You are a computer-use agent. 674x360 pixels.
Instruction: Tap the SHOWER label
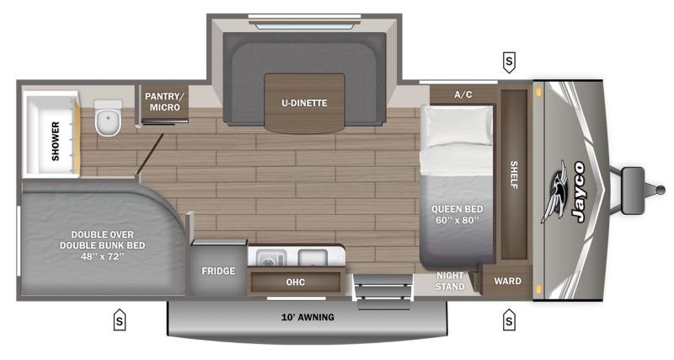coord(56,141)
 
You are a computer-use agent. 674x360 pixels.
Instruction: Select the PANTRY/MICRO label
coord(164,101)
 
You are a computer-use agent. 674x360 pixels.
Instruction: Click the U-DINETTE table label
coord(304,103)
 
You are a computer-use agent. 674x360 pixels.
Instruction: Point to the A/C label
coord(463,94)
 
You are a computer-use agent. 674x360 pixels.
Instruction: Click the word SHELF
coord(514,175)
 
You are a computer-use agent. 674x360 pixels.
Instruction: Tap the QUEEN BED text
coord(457,209)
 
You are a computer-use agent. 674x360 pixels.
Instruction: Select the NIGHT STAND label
coord(450,281)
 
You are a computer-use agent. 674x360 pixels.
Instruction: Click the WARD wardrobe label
coord(508,282)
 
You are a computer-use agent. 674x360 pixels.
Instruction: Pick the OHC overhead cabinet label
coord(296,282)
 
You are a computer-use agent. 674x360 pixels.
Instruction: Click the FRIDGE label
coord(218,271)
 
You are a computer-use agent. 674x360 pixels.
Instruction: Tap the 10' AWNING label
coord(308,317)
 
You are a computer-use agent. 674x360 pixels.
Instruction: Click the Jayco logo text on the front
coord(578,191)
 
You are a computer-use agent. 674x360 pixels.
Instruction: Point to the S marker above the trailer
coord(509,62)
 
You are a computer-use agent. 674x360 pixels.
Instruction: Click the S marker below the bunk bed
coord(120,320)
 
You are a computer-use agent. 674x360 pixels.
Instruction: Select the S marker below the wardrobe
coord(509,320)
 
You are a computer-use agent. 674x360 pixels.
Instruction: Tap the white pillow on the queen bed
coord(457,126)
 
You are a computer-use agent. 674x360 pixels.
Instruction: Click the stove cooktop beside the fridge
coord(271,259)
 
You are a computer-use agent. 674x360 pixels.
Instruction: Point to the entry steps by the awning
coord(382,291)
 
